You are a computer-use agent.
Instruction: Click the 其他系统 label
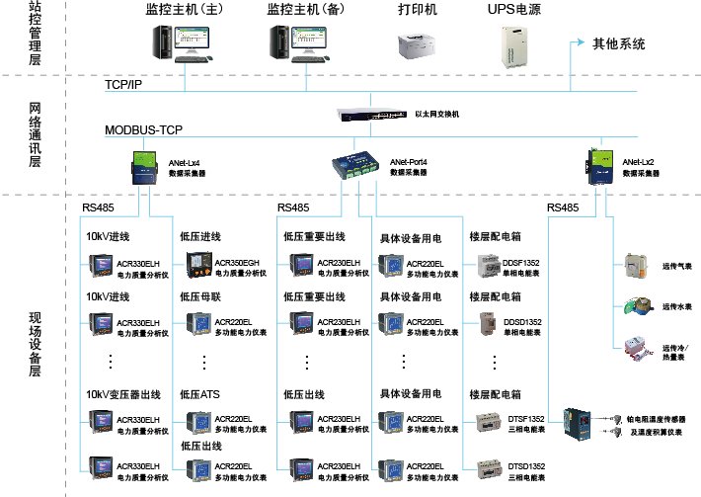pyautogui.click(x=618, y=44)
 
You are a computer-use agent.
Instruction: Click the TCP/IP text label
pyautogui.click(x=123, y=85)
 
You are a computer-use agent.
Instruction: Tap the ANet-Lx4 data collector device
pyautogui.click(x=145, y=167)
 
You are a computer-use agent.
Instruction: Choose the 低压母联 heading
pyautogui.click(x=203, y=296)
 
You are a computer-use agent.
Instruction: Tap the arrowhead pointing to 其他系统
pyautogui.click(x=578, y=44)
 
